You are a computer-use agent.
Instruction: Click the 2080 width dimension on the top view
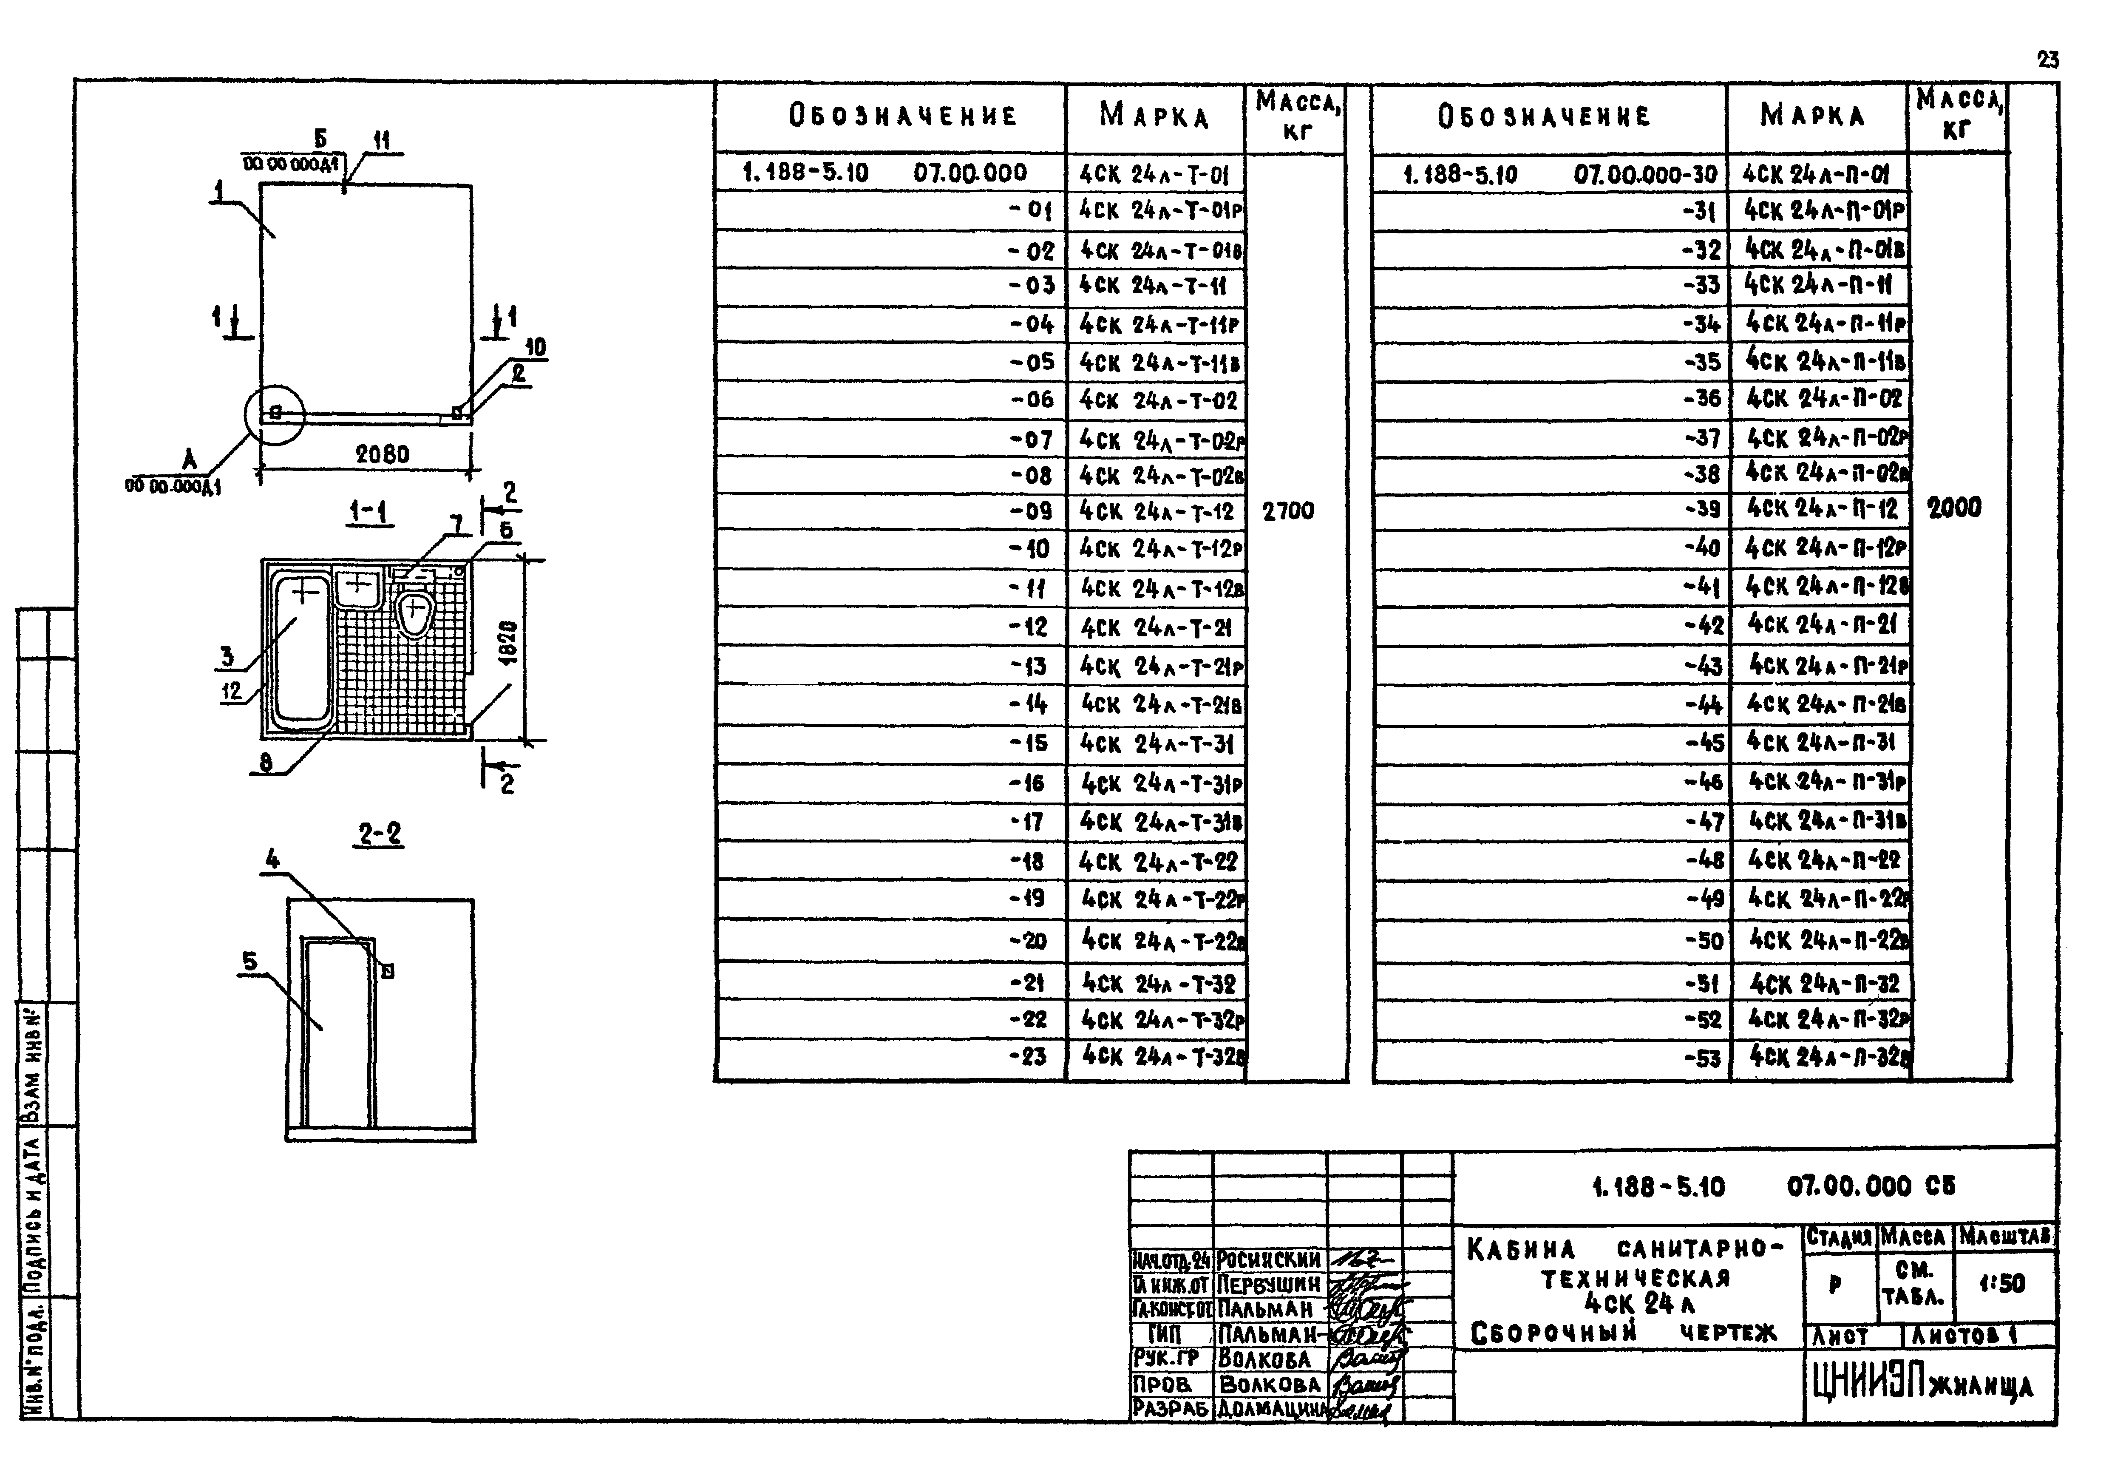[382, 454]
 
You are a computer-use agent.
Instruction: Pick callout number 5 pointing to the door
[249, 961]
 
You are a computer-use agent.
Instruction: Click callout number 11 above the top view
[381, 140]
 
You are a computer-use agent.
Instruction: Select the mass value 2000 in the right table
[1954, 508]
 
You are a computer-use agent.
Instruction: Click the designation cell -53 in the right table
[1703, 1058]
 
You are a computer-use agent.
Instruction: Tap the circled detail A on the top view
[274, 414]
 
